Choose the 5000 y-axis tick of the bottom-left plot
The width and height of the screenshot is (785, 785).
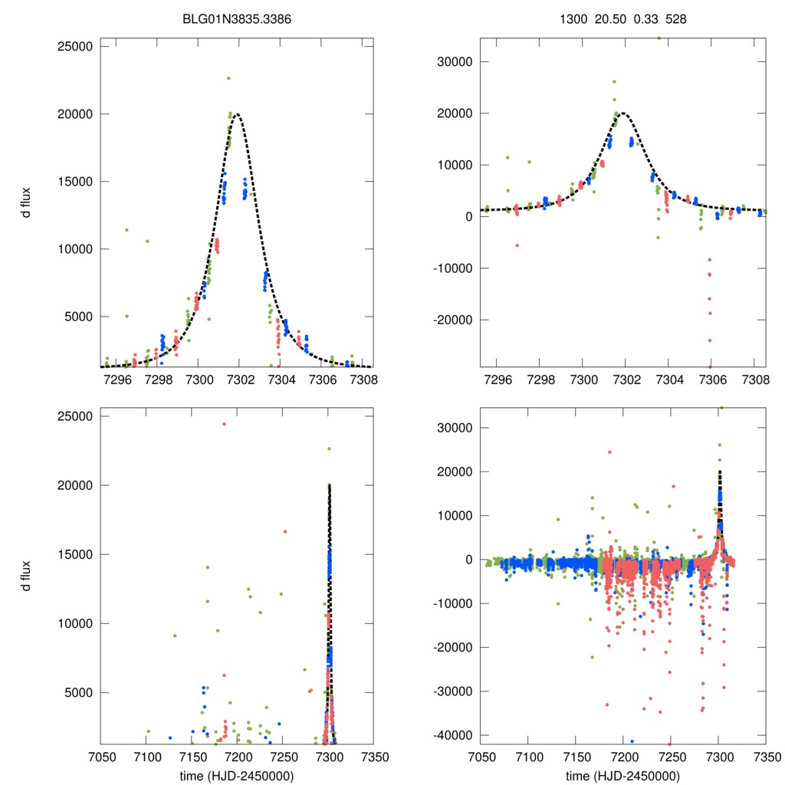click(78, 692)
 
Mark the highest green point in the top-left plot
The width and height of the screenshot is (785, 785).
click(228, 78)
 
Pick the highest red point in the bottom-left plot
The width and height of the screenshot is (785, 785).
click(224, 424)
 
